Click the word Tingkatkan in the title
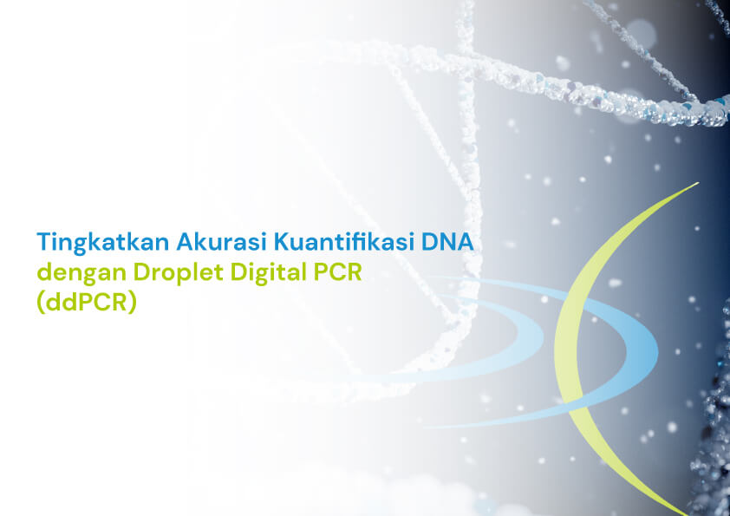coord(103,243)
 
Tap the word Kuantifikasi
coord(343,242)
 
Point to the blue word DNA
coord(447,242)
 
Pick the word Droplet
coord(179,273)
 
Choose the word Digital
coord(269,273)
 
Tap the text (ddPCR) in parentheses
coord(87,303)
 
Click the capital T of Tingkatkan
coord(43,242)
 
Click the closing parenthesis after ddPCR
coord(133,304)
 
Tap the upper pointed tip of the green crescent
coord(698,183)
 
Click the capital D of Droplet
coord(141,272)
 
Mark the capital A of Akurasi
coord(186,242)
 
